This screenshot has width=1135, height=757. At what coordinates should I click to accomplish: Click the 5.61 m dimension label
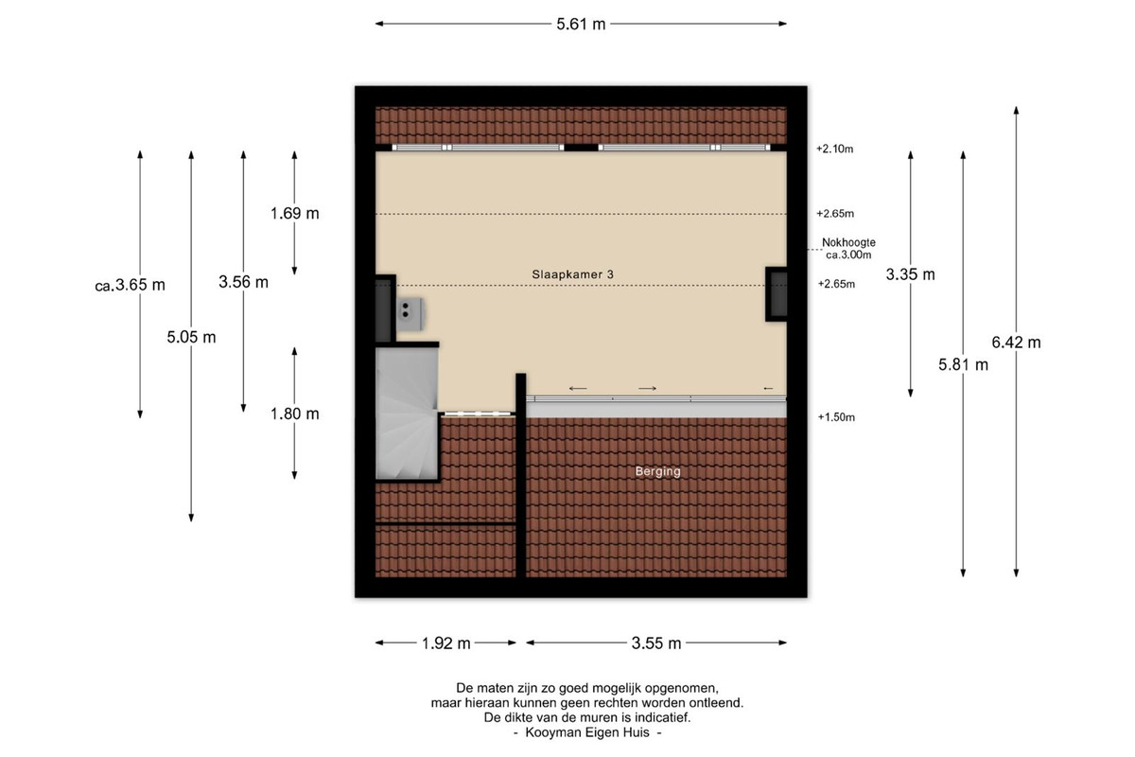point(581,24)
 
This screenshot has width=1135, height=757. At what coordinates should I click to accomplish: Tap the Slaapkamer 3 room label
point(572,274)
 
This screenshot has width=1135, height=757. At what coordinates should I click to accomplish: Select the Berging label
point(657,471)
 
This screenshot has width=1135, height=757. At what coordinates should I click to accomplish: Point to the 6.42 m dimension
point(1016,343)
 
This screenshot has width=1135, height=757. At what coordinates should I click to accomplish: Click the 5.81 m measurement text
point(963,364)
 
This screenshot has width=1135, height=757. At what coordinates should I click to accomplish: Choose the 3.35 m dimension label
point(910,274)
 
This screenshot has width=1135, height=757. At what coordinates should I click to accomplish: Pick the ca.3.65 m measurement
point(131,285)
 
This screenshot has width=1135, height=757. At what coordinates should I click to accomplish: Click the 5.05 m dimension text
point(191,337)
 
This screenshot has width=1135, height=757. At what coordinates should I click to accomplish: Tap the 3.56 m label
point(243,282)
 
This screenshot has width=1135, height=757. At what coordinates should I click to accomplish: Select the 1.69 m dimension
point(294,213)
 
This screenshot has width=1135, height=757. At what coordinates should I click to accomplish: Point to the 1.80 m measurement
point(294,414)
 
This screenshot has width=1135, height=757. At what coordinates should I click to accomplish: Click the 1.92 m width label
point(445,643)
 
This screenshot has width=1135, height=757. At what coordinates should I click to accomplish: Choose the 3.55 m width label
point(656,643)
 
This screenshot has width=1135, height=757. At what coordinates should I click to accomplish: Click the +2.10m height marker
point(834,149)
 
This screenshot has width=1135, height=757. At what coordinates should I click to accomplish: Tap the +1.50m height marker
point(836,416)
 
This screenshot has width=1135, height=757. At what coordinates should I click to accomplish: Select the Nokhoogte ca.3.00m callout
point(848,249)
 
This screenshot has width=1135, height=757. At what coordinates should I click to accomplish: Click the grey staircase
point(407,414)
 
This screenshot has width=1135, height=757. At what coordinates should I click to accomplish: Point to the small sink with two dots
point(410,314)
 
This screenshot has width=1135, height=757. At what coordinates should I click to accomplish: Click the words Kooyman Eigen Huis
point(587,732)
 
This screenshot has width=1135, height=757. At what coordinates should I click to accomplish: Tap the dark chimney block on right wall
point(777,294)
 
